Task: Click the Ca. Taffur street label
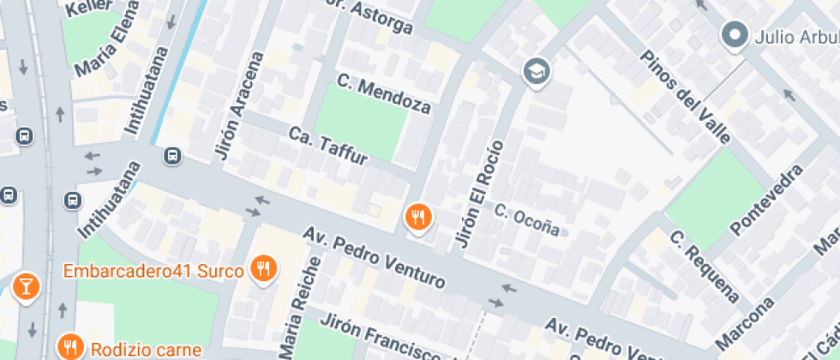point(328,147)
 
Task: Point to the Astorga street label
point(370,18)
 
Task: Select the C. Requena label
point(705,267)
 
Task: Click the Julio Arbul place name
point(796,37)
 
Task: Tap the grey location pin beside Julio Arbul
point(734,36)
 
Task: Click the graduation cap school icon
point(537,71)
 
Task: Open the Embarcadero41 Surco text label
point(155,271)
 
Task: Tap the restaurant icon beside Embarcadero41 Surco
point(262,270)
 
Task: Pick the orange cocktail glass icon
point(26,285)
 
